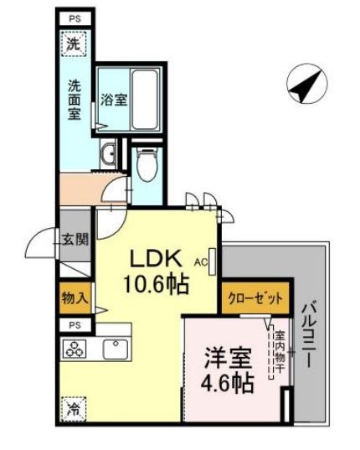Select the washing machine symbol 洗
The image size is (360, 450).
[75, 45]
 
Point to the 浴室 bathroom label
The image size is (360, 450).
[114, 100]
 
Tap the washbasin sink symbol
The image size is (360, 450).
[111, 153]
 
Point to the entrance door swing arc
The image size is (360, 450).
[40, 245]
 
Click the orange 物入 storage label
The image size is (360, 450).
[74, 297]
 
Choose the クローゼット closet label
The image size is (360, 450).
[256, 297]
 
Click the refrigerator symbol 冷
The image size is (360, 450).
[74, 410]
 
